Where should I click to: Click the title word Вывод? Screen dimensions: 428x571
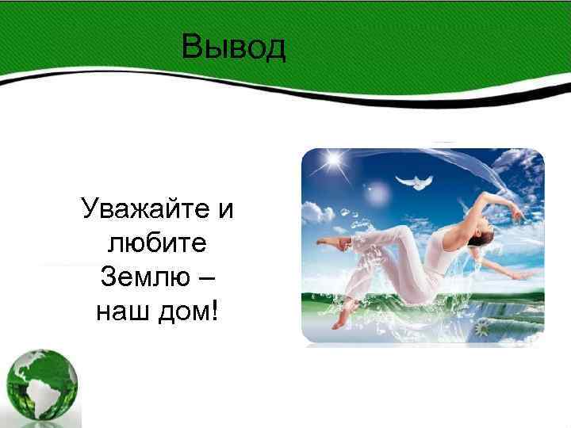[232, 47]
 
